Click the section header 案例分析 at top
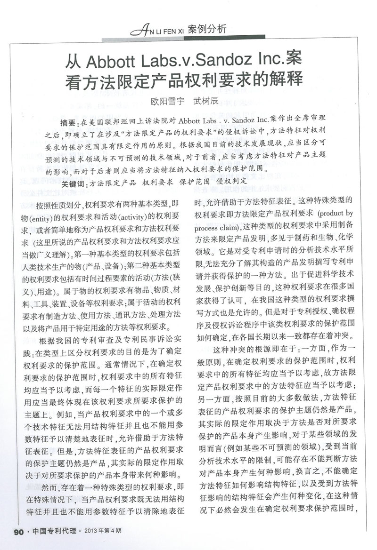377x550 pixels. point(207,29)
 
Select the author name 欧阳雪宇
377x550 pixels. point(166,101)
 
